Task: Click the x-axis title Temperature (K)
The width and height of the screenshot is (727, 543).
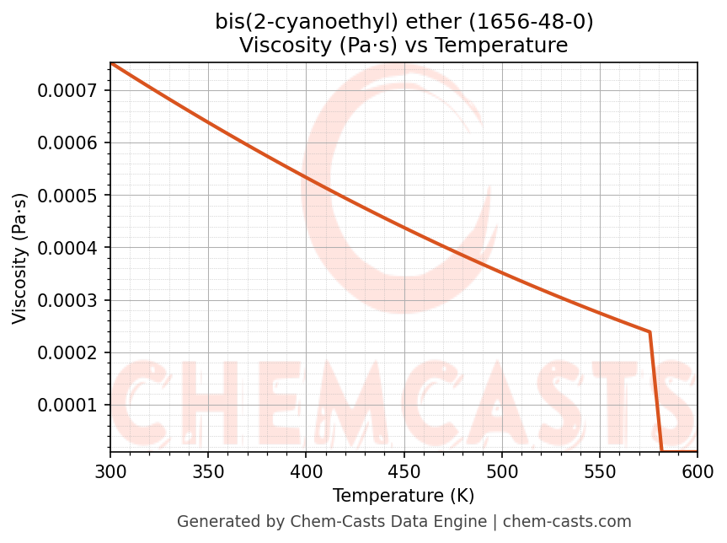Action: pyautogui.click(x=404, y=496)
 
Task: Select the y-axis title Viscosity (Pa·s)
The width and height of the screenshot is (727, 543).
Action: pyautogui.click(x=20, y=258)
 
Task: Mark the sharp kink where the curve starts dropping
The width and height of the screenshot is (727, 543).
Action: pyautogui.click(x=649, y=331)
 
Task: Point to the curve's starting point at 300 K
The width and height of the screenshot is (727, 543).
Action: pyautogui.click(x=110, y=63)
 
